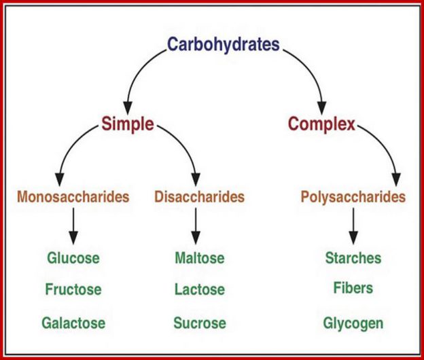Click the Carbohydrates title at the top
(224, 45)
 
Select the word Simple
(128, 124)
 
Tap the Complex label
(322, 124)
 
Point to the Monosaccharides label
(73, 196)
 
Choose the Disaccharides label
(199, 196)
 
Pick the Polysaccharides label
(353, 197)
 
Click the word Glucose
(73, 258)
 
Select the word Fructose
(73, 289)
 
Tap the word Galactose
(73, 323)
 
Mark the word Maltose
(200, 258)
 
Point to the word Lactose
(200, 289)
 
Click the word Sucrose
(200, 323)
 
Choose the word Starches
(353, 258)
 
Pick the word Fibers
(353, 287)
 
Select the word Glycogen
(353, 323)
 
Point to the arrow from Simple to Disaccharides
(187, 146)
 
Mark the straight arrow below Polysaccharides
(353, 226)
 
